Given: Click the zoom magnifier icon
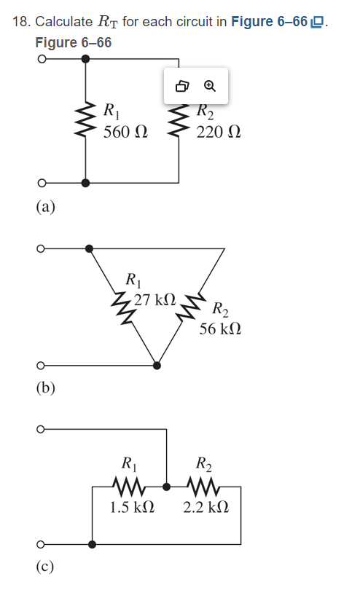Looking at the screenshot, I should pyautogui.click(x=210, y=86).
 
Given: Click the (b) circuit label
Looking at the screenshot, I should pyautogui.click(x=45, y=387).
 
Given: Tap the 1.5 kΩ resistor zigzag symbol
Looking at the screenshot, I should pyautogui.click(x=128, y=484).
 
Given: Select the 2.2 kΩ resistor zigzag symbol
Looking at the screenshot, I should pyautogui.click(x=201, y=484).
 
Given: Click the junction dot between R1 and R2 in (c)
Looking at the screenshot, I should pyautogui.click(x=166, y=484).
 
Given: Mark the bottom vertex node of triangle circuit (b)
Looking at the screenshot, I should pyautogui.click(x=157, y=364).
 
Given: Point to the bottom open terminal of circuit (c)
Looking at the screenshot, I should pyautogui.click(x=43, y=543).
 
